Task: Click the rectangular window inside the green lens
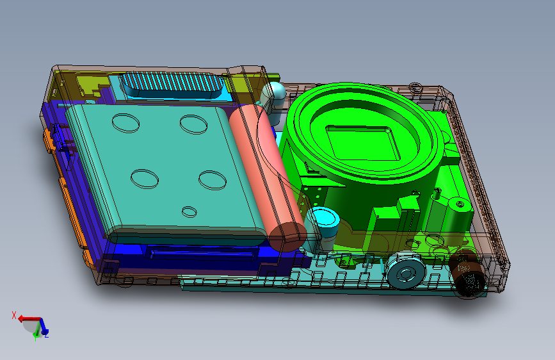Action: [x=363, y=143]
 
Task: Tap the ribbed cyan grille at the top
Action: [x=172, y=85]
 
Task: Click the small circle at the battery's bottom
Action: [x=189, y=212]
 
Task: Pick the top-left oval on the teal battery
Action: [x=125, y=123]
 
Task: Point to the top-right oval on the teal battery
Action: [x=193, y=124]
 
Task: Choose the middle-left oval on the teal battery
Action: [x=145, y=179]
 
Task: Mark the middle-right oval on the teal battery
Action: [x=213, y=180]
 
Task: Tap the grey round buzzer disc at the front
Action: [x=406, y=272]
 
